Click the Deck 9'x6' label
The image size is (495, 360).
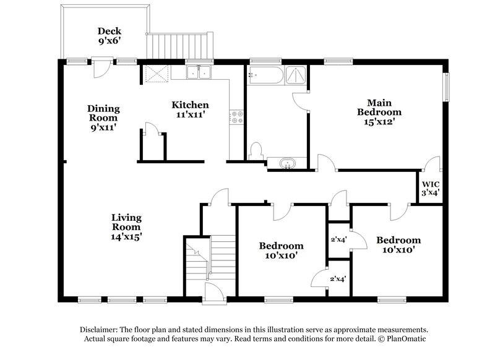(109, 36)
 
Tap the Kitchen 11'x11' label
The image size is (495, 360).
(190, 109)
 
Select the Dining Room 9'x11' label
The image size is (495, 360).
(103, 118)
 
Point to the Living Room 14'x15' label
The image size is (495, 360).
(126, 226)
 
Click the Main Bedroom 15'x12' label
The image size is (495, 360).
(379, 112)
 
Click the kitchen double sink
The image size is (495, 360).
(199, 73)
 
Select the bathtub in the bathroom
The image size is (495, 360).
(265, 77)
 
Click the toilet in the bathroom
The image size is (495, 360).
(256, 151)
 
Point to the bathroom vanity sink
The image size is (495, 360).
(287, 165)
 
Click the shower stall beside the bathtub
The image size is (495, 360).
(295, 75)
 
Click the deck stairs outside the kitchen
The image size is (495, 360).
(179, 45)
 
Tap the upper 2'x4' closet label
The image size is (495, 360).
(338, 239)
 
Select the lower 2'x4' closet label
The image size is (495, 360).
(338, 279)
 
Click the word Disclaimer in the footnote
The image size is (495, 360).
(100, 330)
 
